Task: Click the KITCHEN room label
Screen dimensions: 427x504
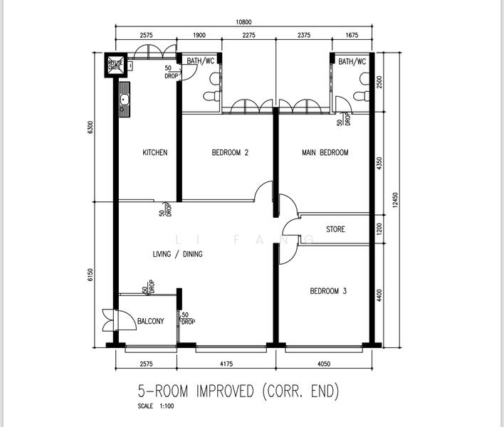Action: coord(155,152)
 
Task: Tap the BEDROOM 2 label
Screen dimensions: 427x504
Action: coord(230,152)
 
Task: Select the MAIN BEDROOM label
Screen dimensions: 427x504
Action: coord(325,152)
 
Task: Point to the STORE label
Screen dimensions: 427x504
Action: coord(335,229)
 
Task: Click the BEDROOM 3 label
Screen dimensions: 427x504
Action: coord(328,290)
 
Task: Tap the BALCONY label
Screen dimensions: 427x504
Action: coord(150,321)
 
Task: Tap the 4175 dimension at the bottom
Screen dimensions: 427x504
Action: coord(226,364)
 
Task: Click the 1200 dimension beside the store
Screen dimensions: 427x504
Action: coord(379,229)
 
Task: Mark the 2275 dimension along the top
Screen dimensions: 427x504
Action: coord(248,36)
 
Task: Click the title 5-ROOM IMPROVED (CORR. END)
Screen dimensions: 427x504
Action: coord(238,391)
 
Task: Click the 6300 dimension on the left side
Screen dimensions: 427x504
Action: coord(90,127)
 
